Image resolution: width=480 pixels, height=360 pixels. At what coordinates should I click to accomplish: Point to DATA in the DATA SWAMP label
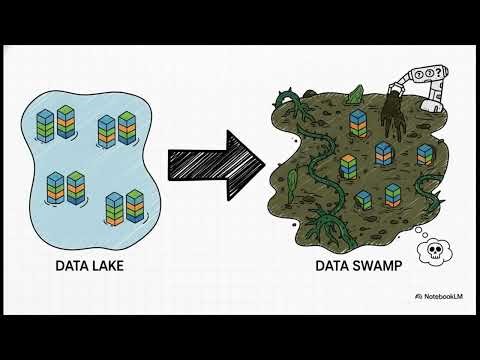pyautogui.click(x=335, y=266)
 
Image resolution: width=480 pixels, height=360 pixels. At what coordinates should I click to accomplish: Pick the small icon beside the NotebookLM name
pyautogui.click(x=419, y=297)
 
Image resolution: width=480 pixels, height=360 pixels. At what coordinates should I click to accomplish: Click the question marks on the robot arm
pyautogui.click(x=437, y=75)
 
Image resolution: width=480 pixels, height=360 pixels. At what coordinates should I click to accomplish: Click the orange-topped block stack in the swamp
pyautogui.click(x=346, y=166)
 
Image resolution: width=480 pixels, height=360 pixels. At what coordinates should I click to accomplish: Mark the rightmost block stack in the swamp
pyautogui.click(x=424, y=155)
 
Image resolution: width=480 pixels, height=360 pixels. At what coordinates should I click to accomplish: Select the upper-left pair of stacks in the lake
pyautogui.click(x=57, y=124)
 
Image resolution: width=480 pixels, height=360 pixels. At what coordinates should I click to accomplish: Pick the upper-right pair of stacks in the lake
pyautogui.click(x=117, y=129)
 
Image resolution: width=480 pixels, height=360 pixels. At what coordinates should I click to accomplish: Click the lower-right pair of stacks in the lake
pyautogui.click(x=123, y=204)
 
